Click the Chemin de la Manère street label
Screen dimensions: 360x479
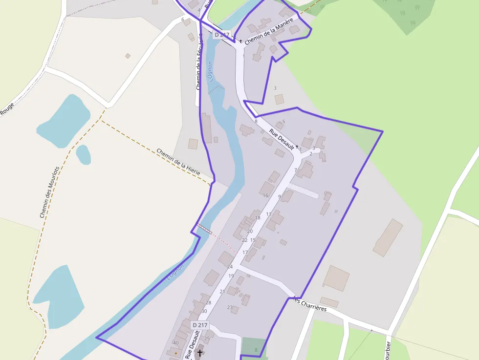pyautogui.click(x=269, y=31)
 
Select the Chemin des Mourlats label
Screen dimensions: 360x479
pyautogui.click(x=49, y=191)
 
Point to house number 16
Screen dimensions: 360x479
pyautogui.click(x=265, y=195)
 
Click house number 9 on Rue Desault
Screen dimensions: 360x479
pyautogui.click(x=280, y=197)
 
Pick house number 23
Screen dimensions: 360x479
pyautogui.click(x=230, y=307)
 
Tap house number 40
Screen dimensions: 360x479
pyautogui.click(x=176, y=343)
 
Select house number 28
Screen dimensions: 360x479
pyautogui.click(x=208, y=303)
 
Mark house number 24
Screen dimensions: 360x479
pyautogui.click(x=230, y=267)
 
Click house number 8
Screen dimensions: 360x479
pyautogui.click(x=256, y=121)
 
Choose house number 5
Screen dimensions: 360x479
pyautogui.click(x=283, y=122)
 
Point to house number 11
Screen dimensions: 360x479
pyautogui.click(x=268, y=214)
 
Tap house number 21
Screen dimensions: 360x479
pyautogui.click(x=222, y=292)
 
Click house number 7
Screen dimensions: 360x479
pyautogui.click(x=296, y=170)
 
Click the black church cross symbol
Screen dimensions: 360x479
pyautogui.click(x=199, y=352)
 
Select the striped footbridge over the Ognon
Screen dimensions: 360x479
pyautogui.click(x=205, y=229)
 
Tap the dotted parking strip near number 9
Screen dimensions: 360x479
pyautogui.click(x=303, y=191)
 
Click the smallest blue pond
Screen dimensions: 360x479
pyautogui.click(x=83, y=154)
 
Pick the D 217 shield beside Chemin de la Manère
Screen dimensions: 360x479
pyautogui.click(x=221, y=35)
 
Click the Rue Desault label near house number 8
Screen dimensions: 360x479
pyautogui.click(x=282, y=139)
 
